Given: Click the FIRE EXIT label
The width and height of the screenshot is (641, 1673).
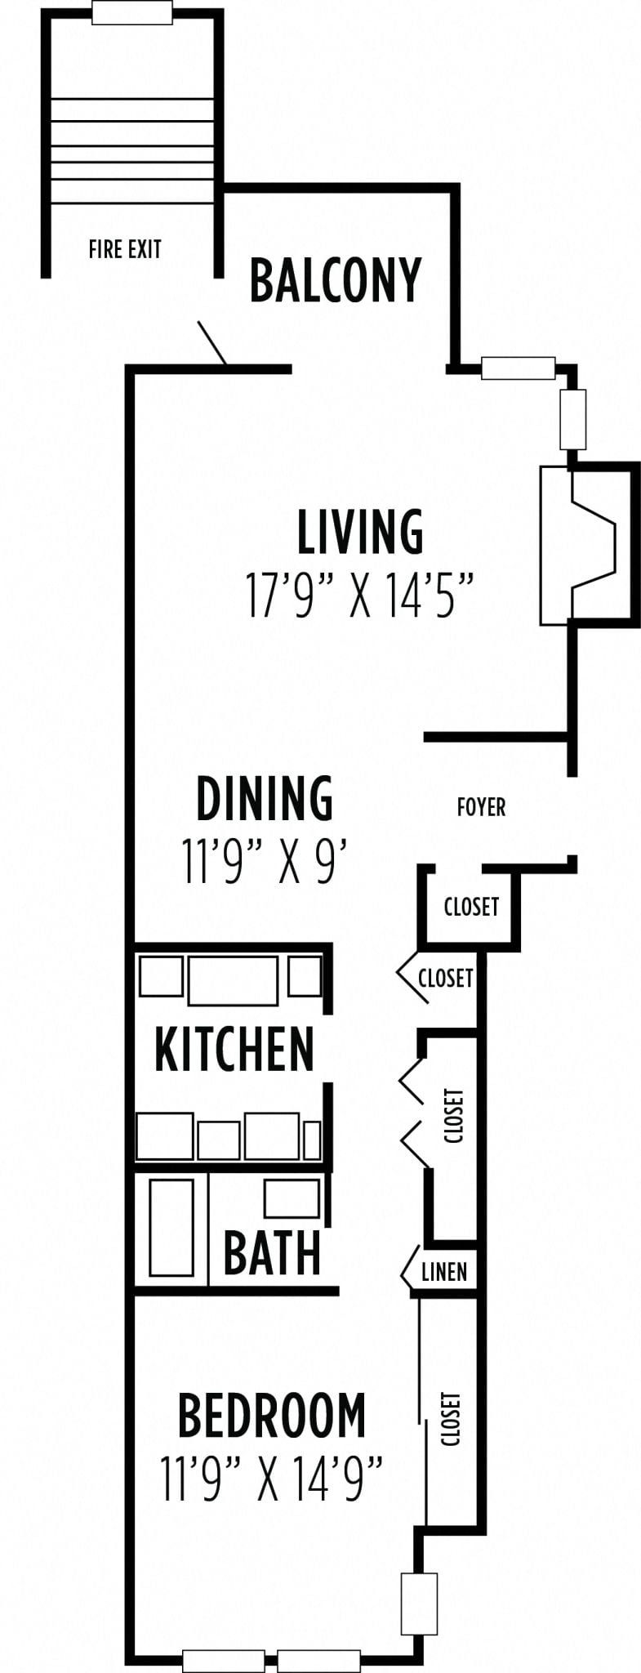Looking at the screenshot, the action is coord(125,248).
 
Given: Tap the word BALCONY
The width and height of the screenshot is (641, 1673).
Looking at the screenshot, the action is coord(335,280).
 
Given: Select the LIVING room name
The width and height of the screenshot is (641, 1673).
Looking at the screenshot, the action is coord(360,532).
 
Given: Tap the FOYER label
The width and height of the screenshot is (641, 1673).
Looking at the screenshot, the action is coord(481,807).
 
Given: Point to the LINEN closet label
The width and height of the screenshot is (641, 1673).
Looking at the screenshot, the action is coord(444,1271).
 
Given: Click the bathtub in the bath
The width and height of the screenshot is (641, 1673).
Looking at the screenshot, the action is coord(171,1227).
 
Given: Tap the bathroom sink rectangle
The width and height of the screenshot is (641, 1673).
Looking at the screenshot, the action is coord(291,1198).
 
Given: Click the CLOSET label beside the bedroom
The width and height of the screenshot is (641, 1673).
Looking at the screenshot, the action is coord(451,1419).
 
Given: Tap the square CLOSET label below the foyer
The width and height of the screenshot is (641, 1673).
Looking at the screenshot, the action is coord(471,906).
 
